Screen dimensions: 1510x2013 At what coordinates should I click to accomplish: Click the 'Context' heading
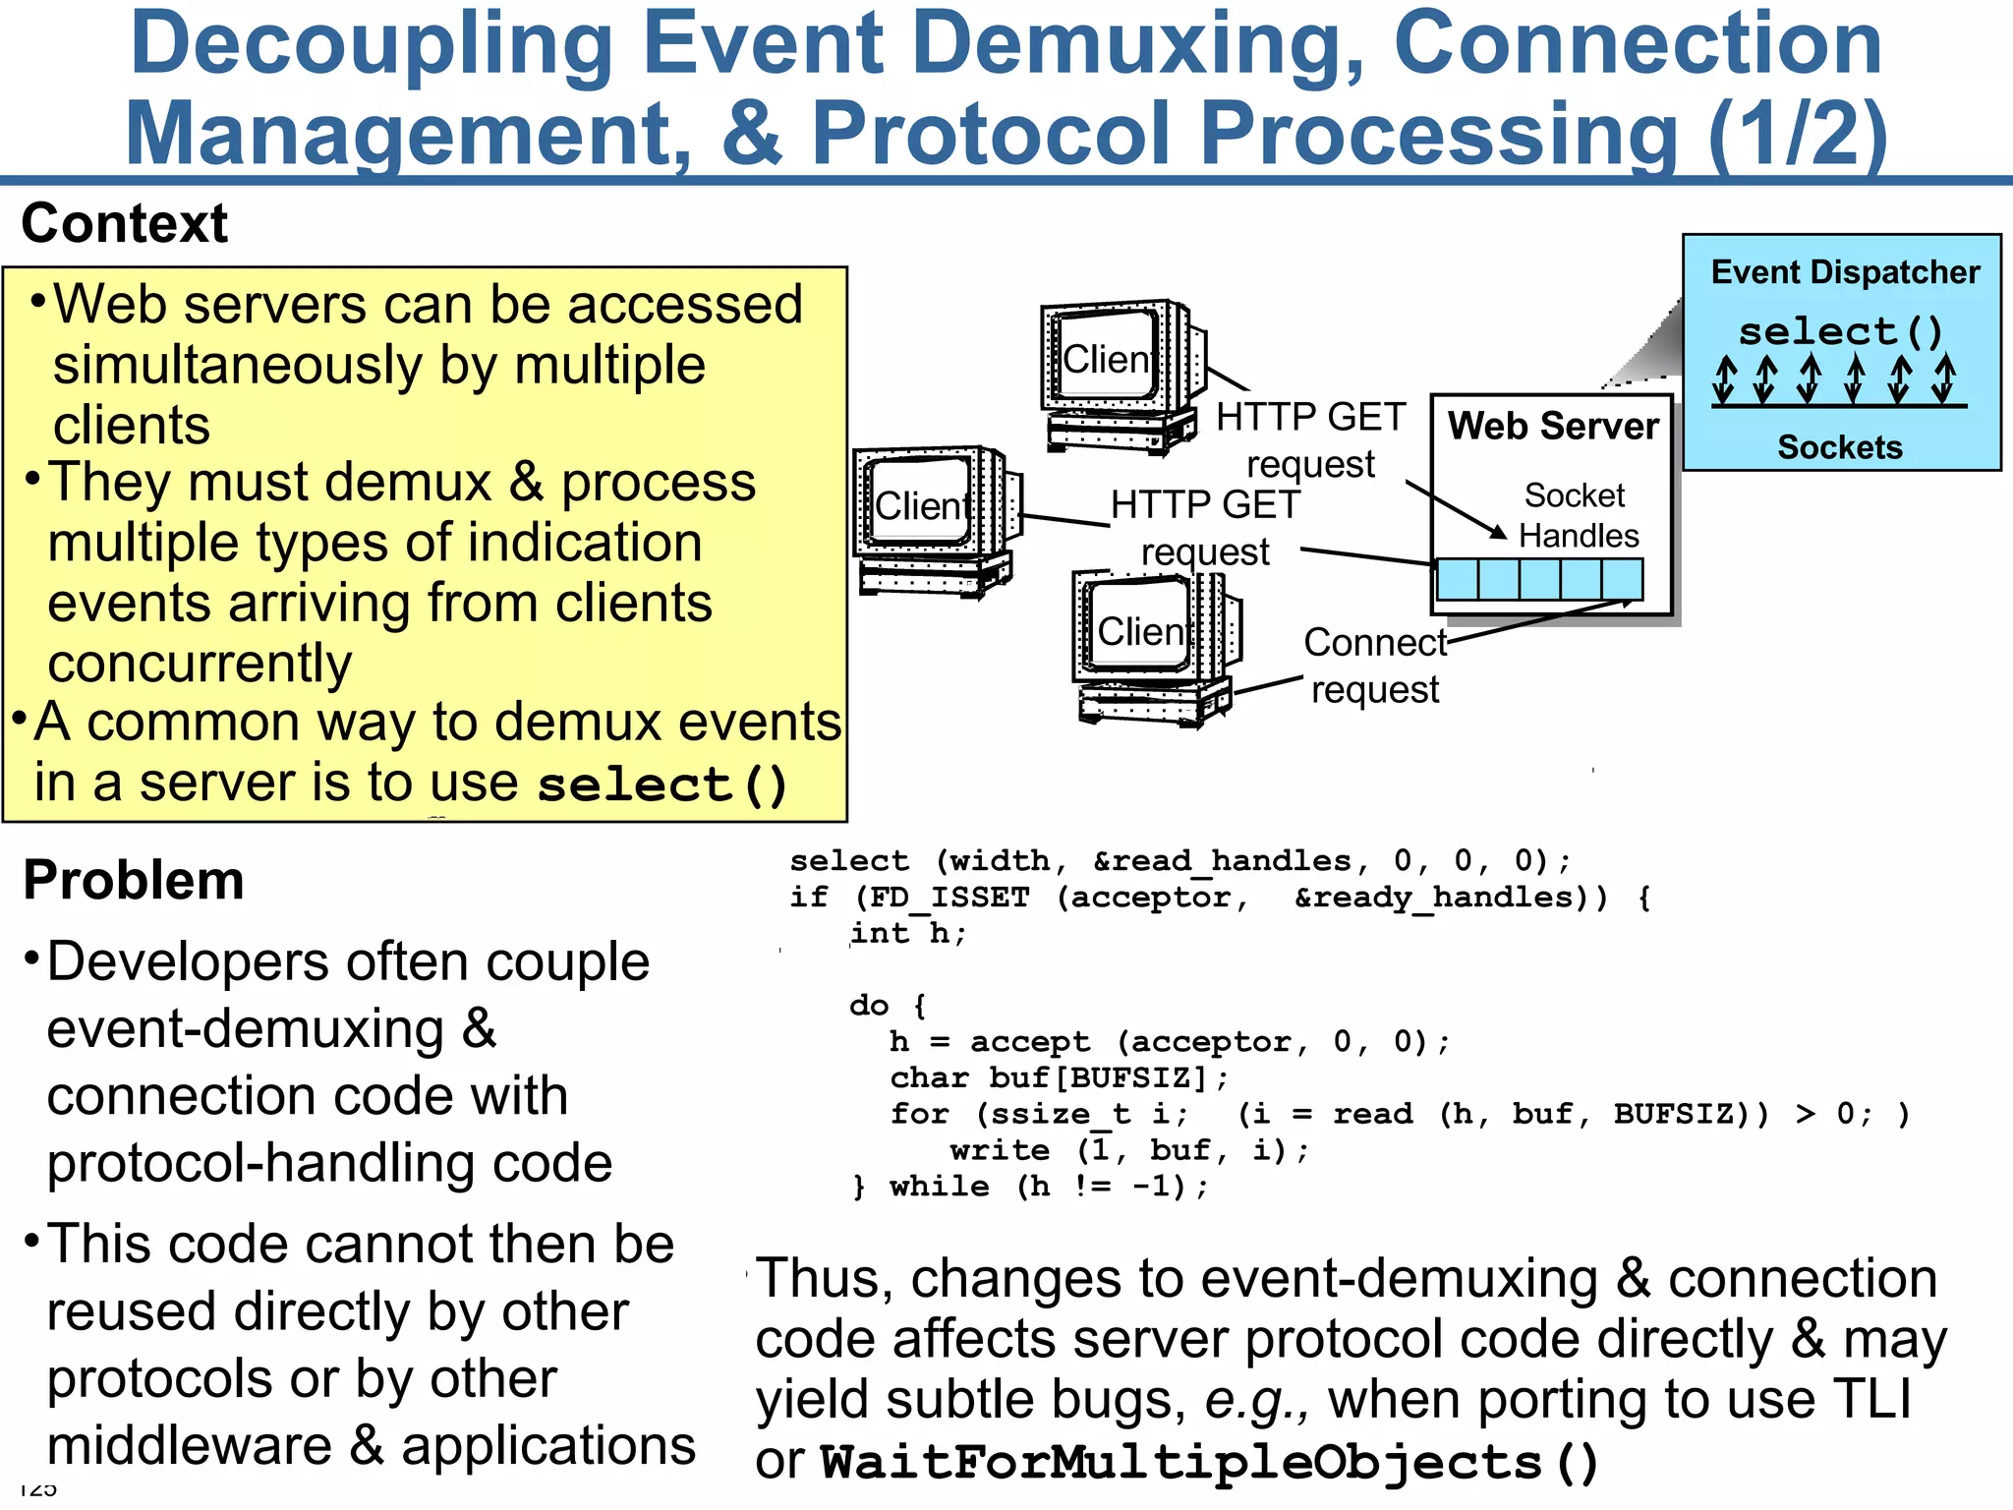(x=125, y=223)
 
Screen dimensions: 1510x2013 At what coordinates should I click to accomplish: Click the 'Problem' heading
(x=134, y=880)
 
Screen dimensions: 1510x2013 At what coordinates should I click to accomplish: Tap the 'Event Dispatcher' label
(x=1845, y=272)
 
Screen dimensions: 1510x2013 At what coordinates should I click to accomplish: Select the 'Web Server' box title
(x=1553, y=427)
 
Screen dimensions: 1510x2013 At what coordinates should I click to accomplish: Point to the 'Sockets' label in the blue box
(x=1840, y=447)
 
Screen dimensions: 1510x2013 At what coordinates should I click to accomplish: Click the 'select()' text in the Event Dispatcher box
(x=1841, y=331)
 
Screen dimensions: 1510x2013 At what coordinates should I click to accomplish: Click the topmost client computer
(x=1121, y=374)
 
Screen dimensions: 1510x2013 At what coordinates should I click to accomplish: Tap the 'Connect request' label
(x=1375, y=666)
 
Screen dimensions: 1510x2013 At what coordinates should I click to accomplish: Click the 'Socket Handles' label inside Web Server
(x=1577, y=515)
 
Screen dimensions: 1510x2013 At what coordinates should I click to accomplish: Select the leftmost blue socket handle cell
(x=1457, y=579)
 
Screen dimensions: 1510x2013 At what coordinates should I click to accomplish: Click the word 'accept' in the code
(x=1029, y=1042)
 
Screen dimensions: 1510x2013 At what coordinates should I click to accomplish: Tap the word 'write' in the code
(x=999, y=1150)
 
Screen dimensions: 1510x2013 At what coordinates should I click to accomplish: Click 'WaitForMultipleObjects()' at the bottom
(x=1209, y=1462)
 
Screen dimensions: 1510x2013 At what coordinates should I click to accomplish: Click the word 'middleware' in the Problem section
(x=190, y=1446)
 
